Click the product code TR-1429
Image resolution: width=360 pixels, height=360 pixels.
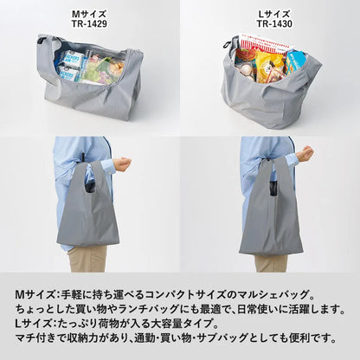(88, 25)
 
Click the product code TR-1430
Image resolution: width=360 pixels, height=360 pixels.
(269, 25)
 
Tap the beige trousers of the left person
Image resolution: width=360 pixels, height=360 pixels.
(88, 258)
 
